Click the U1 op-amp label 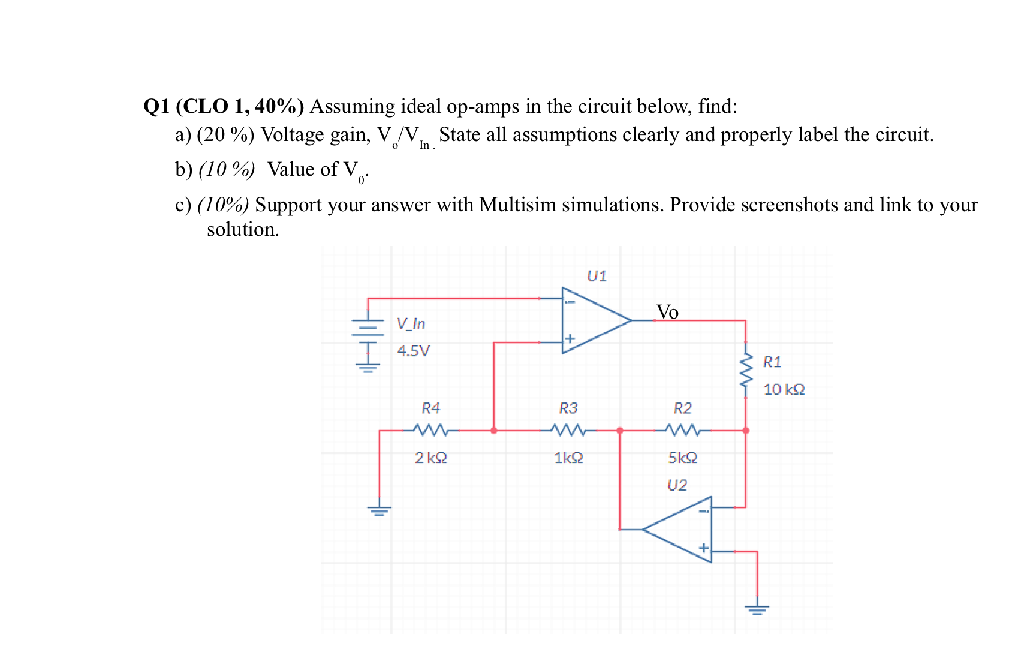point(597,276)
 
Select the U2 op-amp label point(677,485)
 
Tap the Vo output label point(667,312)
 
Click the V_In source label point(411,324)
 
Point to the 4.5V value point(413,351)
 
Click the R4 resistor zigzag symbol point(430,430)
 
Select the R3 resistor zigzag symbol point(568,430)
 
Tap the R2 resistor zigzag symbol point(682,430)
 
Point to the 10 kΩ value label point(784,390)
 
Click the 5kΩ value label point(682,458)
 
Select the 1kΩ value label point(568,458)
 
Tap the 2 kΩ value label point(430,458)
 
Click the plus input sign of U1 point(570,339)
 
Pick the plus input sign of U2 point(703,548)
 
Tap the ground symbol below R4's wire point(379,511)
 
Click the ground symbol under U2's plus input point(757,610)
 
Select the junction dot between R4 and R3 point(493,431)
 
